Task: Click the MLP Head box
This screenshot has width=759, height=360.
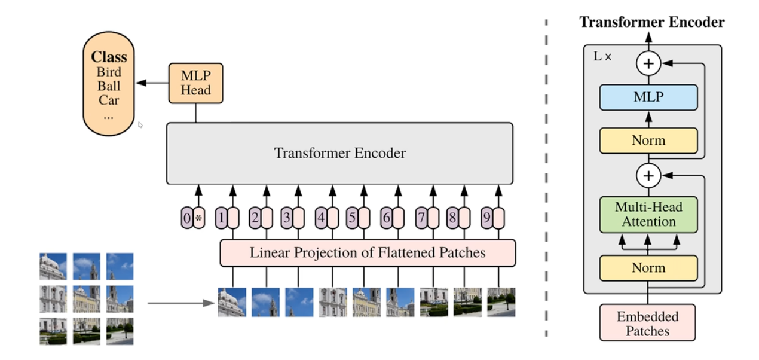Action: [x=195, y=83]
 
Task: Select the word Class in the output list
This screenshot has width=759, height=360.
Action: [x=109, y=57]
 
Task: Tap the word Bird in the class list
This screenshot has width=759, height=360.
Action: [x=109, y=72]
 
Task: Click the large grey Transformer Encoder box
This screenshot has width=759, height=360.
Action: [x=339, y=153]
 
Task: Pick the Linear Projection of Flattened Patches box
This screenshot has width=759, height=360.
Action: [x=368, y=252]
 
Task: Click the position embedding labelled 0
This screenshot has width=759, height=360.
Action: [x=186, y=218]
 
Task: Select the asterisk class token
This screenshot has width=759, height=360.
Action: [x=199, y=218]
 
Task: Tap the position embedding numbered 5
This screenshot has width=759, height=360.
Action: [x=352, y=218]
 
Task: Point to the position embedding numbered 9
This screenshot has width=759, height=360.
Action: [x=486, y=218]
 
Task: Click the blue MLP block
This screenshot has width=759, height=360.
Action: [x=648, y=97]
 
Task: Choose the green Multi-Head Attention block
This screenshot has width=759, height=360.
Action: [x=648, y=215]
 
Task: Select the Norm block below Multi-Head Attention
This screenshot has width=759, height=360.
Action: [x=648, y=268]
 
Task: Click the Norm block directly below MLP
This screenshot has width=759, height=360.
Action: [x=648, y=141]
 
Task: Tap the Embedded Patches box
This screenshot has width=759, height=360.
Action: [x=648, y=323]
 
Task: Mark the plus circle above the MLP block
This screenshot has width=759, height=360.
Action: [x=648, y=63]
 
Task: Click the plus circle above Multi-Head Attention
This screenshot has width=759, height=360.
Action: [x=648, y=176]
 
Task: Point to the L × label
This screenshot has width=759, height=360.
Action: [x=602, y=57]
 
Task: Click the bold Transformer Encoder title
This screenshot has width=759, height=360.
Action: [x=651, y=23]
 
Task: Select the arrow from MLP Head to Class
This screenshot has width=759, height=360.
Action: [x=152, y=83]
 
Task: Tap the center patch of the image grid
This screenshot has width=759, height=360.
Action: [x=87, y=298]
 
